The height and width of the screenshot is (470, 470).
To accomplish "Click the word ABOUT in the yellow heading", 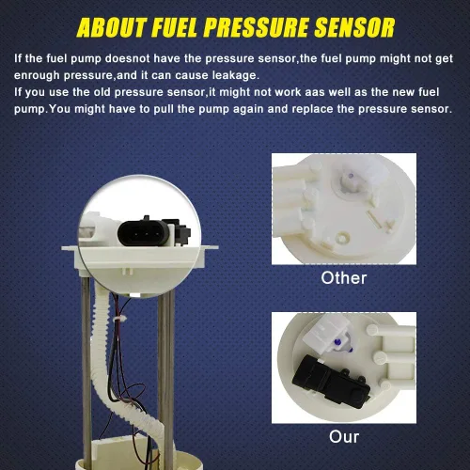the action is [x=111, y=27].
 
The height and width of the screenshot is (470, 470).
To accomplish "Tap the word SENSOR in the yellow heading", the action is [x=354, y=27].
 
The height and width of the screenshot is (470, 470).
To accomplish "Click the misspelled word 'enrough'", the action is [x=37, y=76].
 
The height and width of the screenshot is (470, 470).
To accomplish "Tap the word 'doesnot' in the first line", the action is [x=127, y=58].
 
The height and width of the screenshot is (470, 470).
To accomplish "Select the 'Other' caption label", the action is [x=344, y=278].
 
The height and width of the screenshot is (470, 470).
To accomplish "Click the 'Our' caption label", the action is [x=344, y=437].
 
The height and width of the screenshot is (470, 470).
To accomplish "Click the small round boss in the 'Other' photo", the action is [x=342, y=237].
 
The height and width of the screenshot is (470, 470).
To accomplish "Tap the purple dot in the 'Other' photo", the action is [x=352, y=175].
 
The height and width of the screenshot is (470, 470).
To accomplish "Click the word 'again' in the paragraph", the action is [x=247, y=110].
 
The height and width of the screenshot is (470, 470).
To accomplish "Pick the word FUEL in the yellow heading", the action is [x=175, y=27].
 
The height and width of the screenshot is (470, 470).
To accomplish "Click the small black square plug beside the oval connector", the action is [x=180, y=233].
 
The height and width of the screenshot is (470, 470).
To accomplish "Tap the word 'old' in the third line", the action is [x=102, y=92].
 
